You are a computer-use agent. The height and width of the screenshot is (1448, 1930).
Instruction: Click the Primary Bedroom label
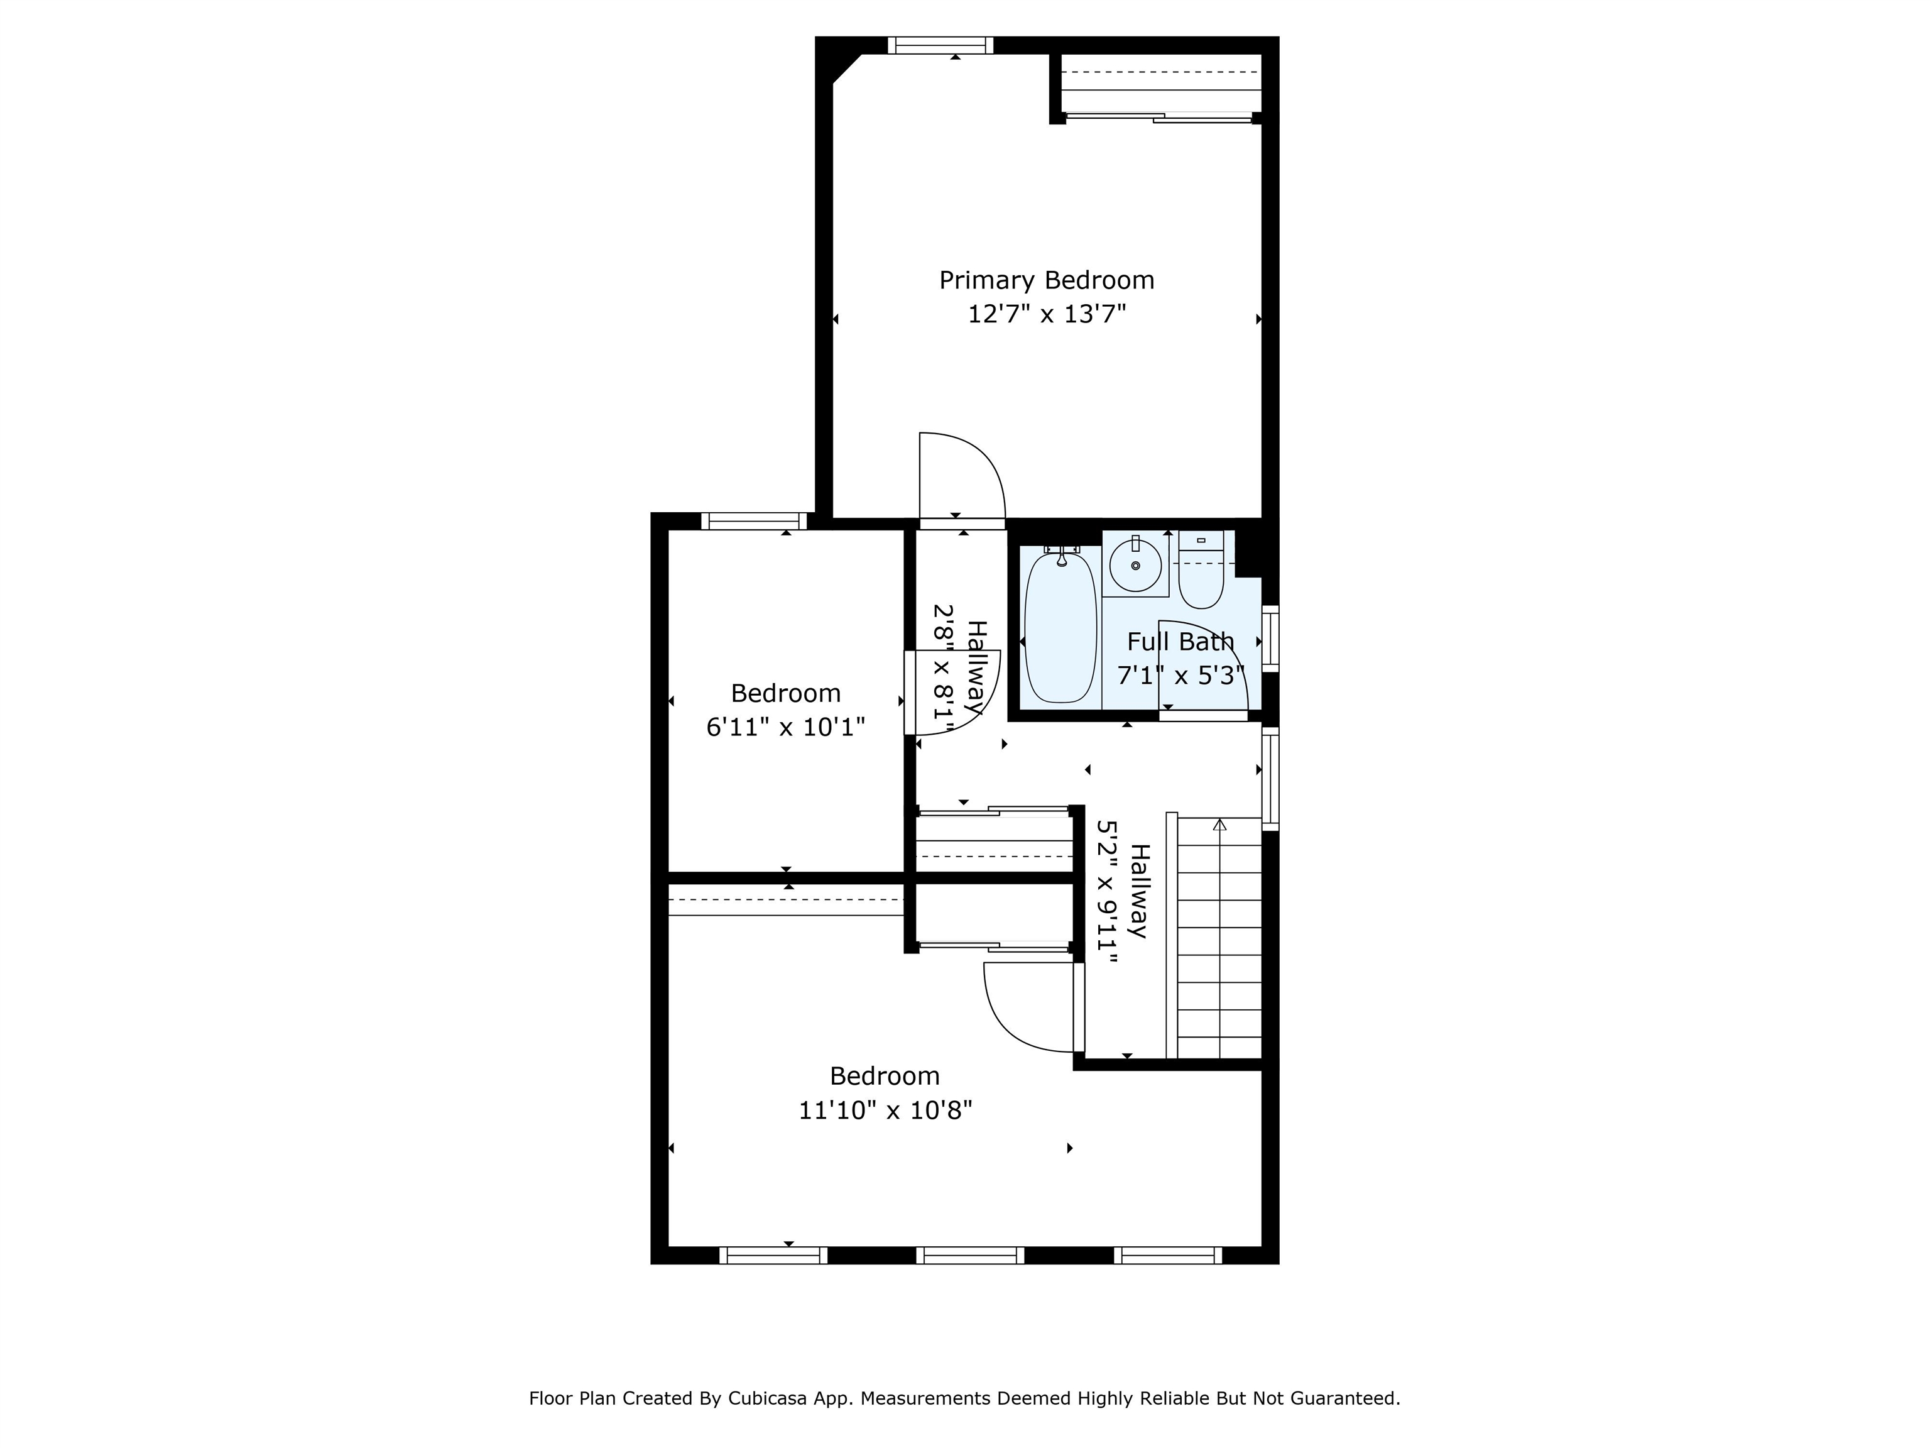click(1046, 280)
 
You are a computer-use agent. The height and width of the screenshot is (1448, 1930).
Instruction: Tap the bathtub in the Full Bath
click(1060, 626)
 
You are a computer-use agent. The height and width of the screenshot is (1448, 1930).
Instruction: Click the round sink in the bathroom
click(1135, 566)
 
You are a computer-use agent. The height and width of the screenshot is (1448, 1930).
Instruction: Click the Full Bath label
click(1180, 642)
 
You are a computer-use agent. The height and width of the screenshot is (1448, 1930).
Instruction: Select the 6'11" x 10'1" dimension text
click(785, 727)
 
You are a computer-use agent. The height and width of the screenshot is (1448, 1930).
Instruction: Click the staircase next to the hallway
click(1219, 938)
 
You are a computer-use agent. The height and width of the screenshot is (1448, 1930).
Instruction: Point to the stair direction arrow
click(1220, 824)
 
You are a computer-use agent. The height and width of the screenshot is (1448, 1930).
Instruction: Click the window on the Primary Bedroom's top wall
click(940, 45)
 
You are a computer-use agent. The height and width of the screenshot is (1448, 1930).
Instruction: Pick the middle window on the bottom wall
click(970, 1255)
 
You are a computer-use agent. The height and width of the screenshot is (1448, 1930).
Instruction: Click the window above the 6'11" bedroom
click(754, 521)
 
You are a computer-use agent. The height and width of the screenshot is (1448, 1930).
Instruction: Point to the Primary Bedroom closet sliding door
click(1159, 116)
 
